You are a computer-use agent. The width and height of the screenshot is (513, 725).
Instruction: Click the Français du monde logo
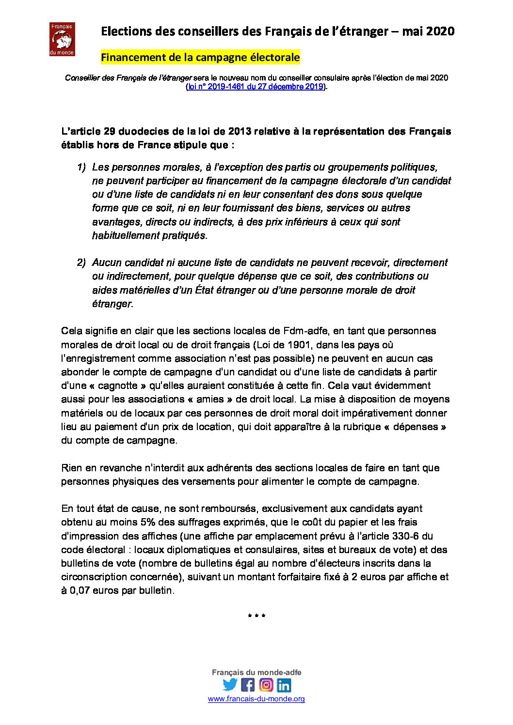(x=62, y=39)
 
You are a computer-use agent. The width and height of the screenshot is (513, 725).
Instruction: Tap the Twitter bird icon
(x=229, y=685)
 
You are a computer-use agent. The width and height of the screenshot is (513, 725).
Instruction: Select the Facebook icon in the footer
(x=248, y=685)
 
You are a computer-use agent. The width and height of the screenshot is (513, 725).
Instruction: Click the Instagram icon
(x=266, y=685)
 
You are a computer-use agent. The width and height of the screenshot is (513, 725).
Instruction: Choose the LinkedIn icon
(x=284, y=685)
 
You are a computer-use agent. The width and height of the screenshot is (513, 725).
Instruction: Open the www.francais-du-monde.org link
(x=256, y=699)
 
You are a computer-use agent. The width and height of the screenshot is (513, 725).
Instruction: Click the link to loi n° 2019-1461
(x=255, y=87)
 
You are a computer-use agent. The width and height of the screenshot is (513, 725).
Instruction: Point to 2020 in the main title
(x=441, y=31)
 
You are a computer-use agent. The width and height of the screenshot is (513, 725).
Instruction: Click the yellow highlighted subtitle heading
(x=200, y=58)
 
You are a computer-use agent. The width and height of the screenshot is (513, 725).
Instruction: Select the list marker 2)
(x=81, y=263)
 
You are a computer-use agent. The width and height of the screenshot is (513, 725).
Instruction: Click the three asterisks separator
(x=256, y=617)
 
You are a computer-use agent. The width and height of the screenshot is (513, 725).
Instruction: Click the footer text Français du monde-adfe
(x=256, y=672)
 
